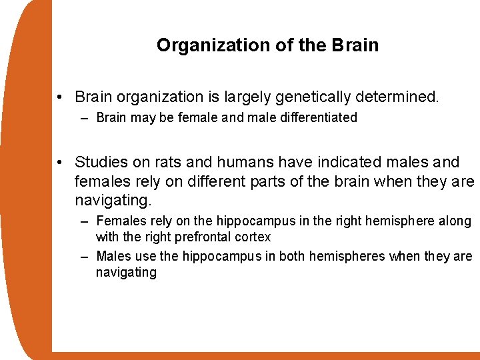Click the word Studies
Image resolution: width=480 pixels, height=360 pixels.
pyautogui.click(x=102, y=162)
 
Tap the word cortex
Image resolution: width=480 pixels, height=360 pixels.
pyautogui.click(x=253, y=237)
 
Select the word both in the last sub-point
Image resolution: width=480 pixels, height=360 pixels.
pyautogui.click(x=293, y=257)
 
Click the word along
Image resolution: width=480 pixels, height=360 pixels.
pyautogui.click(x=454, y=221)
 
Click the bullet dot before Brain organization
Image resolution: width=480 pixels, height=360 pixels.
pyautogui.click(x=61, y=98)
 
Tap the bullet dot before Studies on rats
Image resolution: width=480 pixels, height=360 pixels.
pyautogui.click(x=61, y=163)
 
